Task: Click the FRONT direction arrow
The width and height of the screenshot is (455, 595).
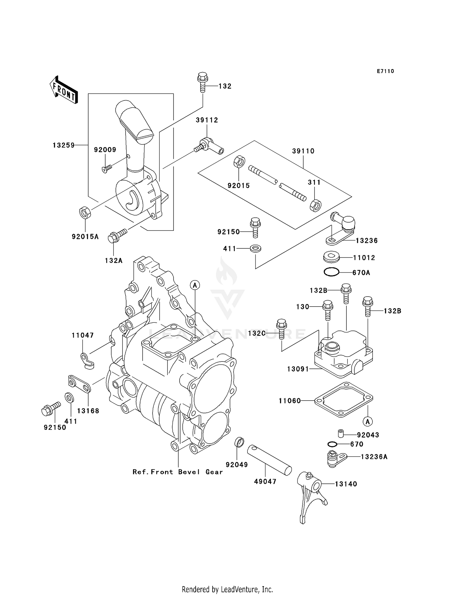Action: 64,90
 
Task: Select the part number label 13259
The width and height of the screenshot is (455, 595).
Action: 63,145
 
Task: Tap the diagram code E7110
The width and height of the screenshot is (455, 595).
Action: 385,71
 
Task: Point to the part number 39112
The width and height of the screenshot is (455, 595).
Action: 207,120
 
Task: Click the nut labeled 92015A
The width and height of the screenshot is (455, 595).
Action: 85,213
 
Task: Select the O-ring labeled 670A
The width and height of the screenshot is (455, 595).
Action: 331,272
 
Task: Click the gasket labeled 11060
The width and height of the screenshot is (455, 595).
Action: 343,400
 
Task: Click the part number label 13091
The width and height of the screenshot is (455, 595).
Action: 298,369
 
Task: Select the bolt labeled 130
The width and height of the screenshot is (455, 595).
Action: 328,310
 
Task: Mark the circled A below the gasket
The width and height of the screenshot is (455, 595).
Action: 368,421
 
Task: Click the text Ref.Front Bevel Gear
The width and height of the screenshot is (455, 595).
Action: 178,472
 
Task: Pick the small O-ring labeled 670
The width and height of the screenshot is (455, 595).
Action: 332,444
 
